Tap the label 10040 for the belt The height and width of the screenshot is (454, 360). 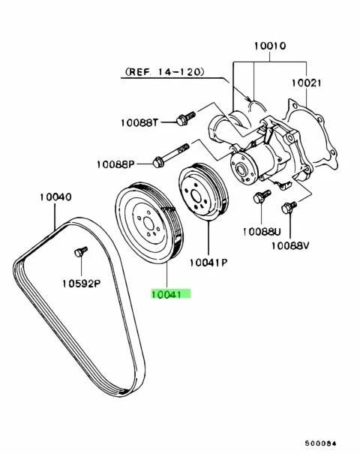[55, 197]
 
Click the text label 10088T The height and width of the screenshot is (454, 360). [140, 122]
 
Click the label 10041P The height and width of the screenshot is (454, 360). [208, 262]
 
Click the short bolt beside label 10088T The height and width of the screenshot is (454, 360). [183, 118]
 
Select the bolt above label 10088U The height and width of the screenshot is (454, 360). [259, 198]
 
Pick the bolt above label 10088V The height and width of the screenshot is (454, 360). [288, 207]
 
